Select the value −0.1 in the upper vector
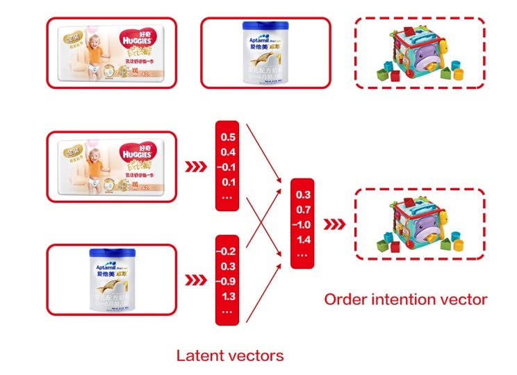pyautogui.click(x=227, y=167)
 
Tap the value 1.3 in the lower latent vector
pyautogui.click(x=227, y=297)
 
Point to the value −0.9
pyautogui.click(x=227, y=281)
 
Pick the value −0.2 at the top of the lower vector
pyautogui.click(x=227, y=251)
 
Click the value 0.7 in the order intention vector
pyautogui.click(x=304, y=210)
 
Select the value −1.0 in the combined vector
pyautogui.click(x=303, y=225)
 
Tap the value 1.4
pyautogui.click(x=304, y=240)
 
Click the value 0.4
pyautogui.click(x=227, y=152)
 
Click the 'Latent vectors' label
pyautogui.click(x=229, y=356)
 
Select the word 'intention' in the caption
pyautogui.click(x=406, y=300)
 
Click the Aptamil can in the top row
pyautogui.click(x=265, y=54)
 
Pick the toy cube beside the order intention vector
pyautogui.click(x=418, y=223)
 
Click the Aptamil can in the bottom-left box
pyautogui.click(x=112, y=281)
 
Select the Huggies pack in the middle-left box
pyautogui.click(x=111, y=167)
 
